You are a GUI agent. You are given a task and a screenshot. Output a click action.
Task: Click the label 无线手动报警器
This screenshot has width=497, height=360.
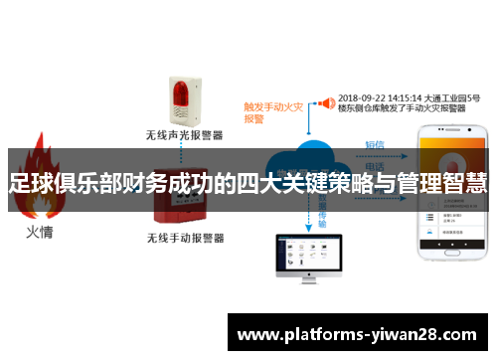click(x=185, y=239)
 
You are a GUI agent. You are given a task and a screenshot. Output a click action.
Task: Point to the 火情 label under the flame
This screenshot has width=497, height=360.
click(x=39, y=235)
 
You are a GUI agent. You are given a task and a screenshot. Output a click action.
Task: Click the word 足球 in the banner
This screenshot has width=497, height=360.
click(x=31, y=181)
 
